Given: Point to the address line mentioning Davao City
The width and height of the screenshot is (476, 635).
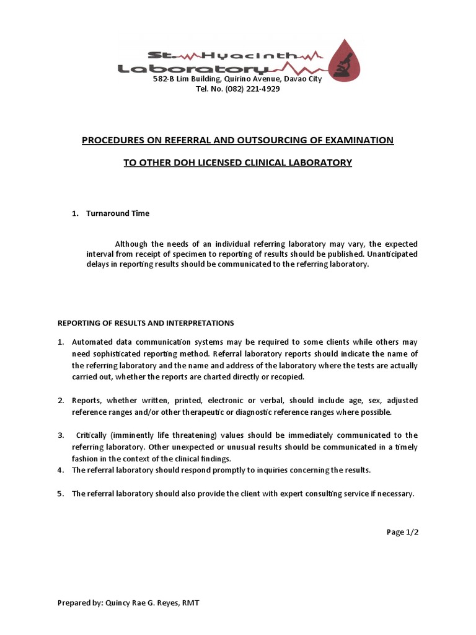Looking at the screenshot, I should [237, 79].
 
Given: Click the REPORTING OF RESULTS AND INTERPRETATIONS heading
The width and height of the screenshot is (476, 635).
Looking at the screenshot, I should [146, 323].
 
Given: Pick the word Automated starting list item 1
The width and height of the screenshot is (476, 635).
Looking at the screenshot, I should [92, 342].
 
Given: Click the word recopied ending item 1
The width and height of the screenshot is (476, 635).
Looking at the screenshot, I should [288, 376].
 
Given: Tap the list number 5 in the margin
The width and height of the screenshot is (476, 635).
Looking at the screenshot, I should [61, 494].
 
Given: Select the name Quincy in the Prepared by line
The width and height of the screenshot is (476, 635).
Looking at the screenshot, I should [120, 603].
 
